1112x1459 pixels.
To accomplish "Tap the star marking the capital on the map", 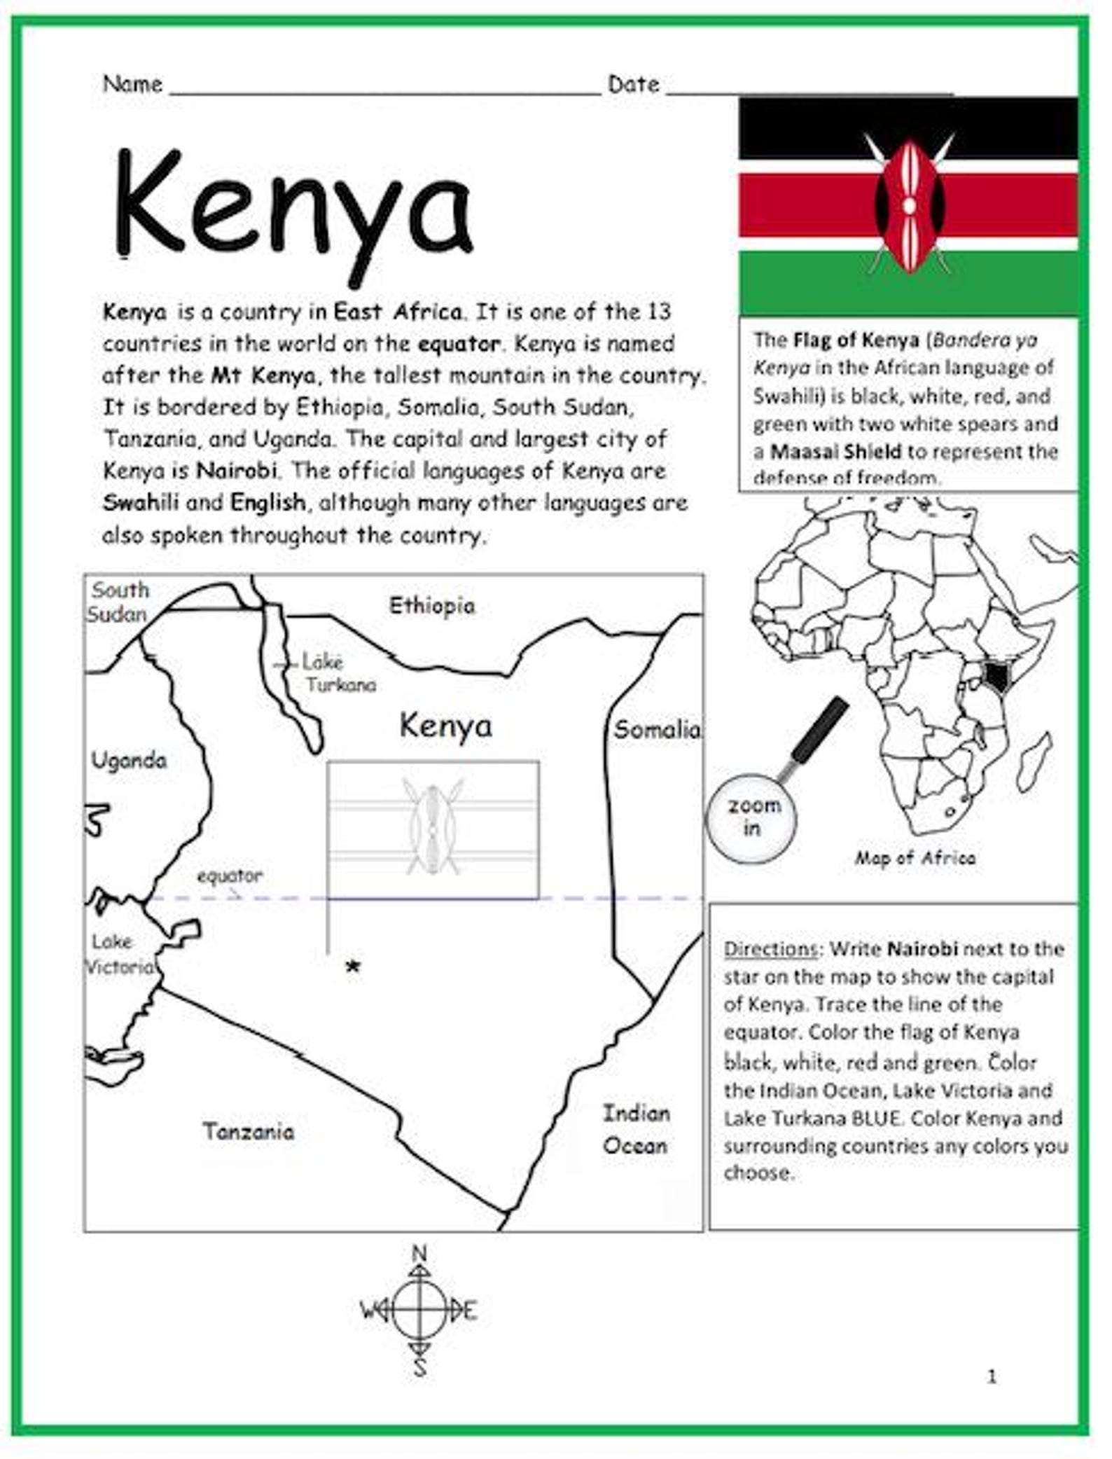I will tap(354, 967).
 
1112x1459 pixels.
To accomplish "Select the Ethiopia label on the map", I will tap(432, 606).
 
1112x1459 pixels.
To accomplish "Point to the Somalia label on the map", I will tap(657, 730).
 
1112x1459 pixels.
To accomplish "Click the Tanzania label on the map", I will tap(249, 1131).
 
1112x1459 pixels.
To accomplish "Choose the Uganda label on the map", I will tap(130, 761).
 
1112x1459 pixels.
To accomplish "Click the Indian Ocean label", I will tap(636, 1129).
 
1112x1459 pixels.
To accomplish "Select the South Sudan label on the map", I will tap(118, 602).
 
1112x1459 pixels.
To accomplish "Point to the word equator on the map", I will tap(230, 876).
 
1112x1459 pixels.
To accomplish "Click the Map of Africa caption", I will tap(915, 858).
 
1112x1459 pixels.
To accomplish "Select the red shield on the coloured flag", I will tap(908, 205).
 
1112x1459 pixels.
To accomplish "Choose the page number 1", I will tap(992, 1377).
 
